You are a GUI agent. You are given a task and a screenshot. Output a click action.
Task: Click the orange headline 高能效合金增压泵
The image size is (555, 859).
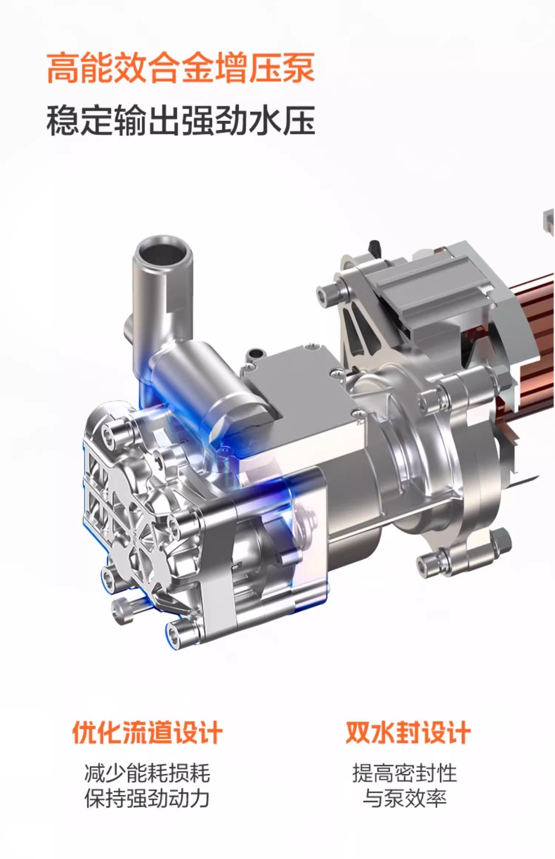point(181,68)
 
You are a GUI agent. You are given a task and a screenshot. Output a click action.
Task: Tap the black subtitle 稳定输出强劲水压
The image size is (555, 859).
point(181,120)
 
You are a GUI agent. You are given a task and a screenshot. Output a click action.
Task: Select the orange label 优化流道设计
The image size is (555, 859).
point(147,732)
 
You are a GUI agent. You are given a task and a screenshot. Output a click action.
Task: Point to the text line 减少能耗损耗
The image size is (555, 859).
point(147,773)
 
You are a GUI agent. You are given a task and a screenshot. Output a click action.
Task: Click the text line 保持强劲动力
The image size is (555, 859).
point(147,799)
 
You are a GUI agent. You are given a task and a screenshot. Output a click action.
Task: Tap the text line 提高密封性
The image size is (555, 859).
point(405,773)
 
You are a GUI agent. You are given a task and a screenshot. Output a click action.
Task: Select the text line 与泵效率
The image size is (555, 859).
point(405,799)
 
